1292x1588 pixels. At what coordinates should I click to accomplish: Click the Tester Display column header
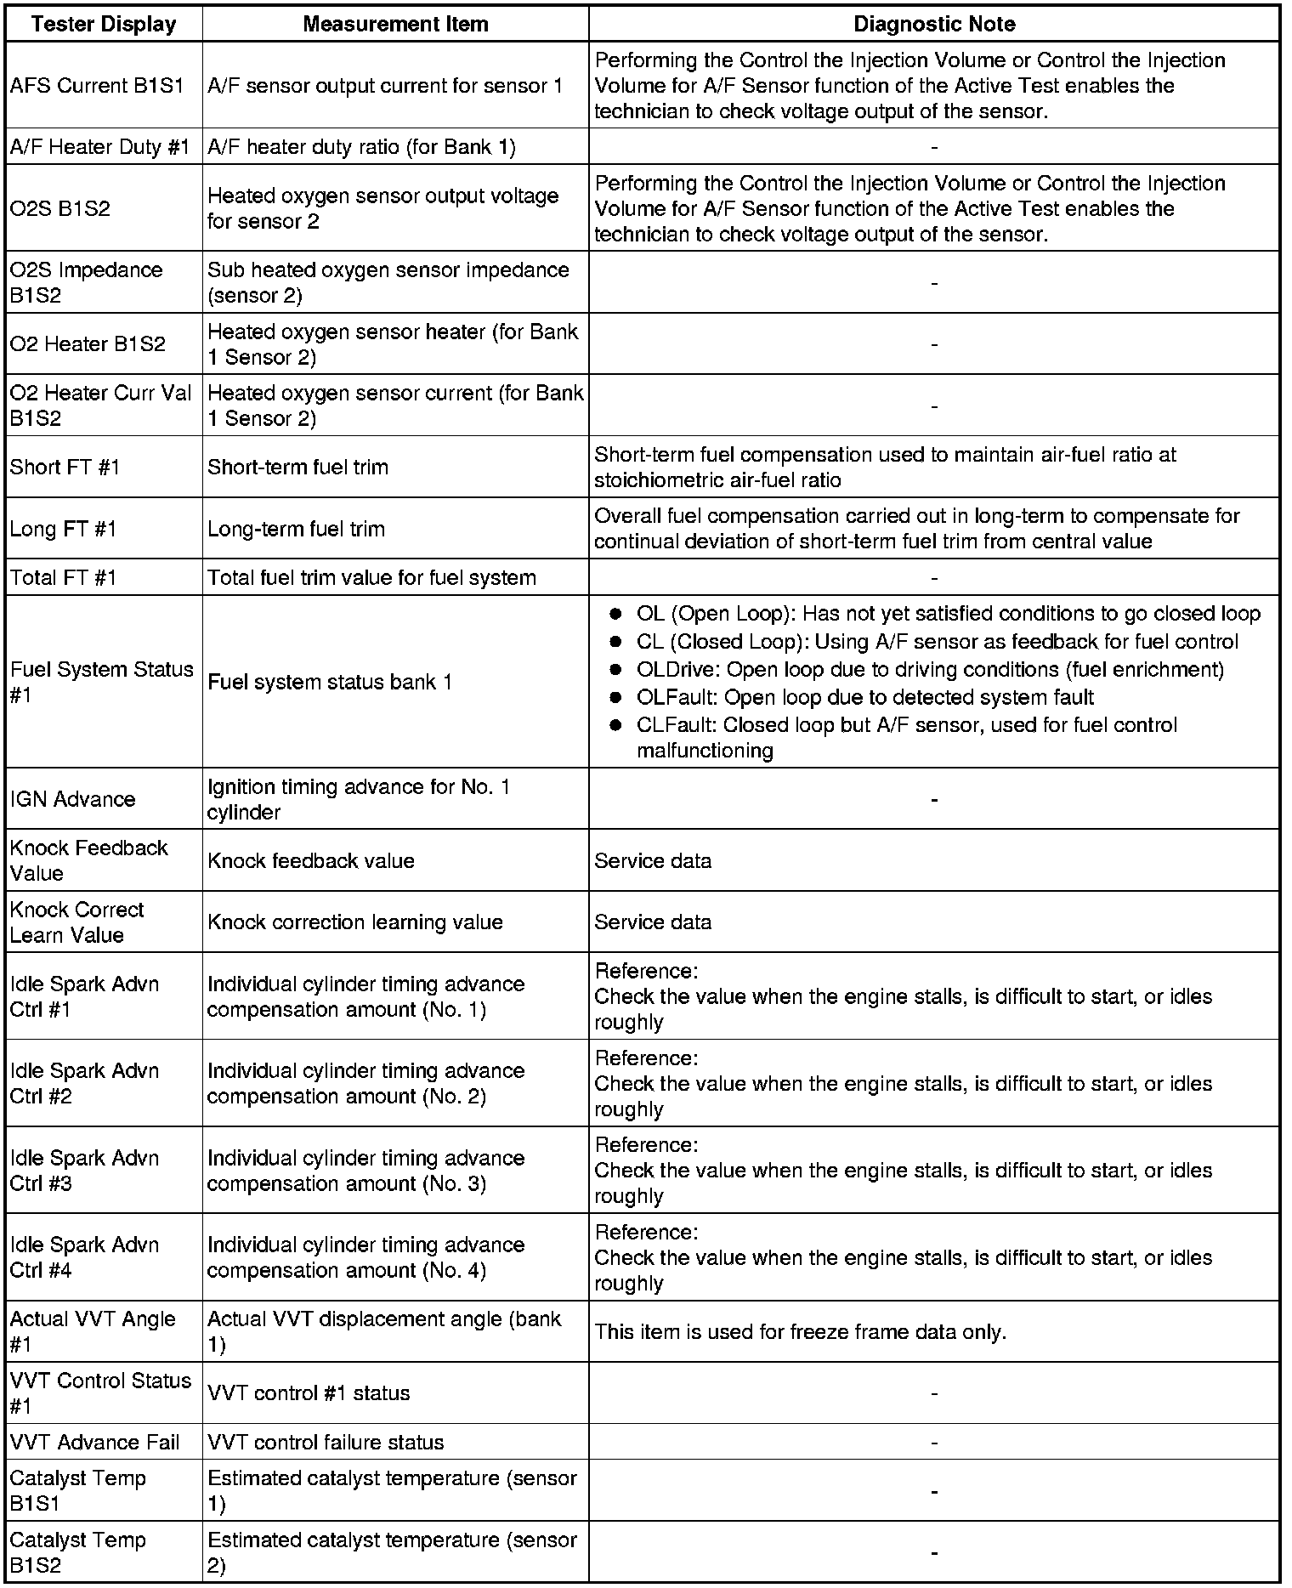[x=103, y=24]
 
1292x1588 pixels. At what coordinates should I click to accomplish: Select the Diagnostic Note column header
[x=933, y=24]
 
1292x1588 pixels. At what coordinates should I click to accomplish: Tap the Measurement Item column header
[x=395, y=24]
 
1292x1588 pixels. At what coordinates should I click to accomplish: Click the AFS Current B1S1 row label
[x=97, y=86]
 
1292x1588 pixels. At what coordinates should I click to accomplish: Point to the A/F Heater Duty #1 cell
[x=99, y=147]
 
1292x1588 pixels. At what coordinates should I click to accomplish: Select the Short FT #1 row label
[x=65, y=467]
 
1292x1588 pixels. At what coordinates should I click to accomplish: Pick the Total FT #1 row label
[x=63, y=578]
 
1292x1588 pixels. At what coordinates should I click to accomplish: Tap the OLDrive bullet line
[x=930, y=670]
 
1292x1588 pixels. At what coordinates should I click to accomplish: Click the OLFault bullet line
[x=864, y=698]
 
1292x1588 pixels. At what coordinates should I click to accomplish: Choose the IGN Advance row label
[x=72, y=799]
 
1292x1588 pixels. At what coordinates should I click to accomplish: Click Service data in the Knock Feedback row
[x=653, y=861]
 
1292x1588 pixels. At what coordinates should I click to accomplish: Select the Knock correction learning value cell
[x=354, y=922]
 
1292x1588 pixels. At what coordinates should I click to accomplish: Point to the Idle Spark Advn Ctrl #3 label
[x=84, y=1171]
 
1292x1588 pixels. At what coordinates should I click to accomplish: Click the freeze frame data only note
[x=800, y=1332]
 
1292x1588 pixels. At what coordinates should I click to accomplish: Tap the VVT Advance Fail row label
[x=94, y=1443]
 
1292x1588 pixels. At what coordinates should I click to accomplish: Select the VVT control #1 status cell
[x=309, y=1393]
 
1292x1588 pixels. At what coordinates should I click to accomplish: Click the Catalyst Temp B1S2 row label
[x=77, y=1552]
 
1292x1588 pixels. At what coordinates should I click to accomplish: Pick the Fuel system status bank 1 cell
[x=330, y=682]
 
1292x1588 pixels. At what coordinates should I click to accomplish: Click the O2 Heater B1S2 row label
[x=88, y=344]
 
